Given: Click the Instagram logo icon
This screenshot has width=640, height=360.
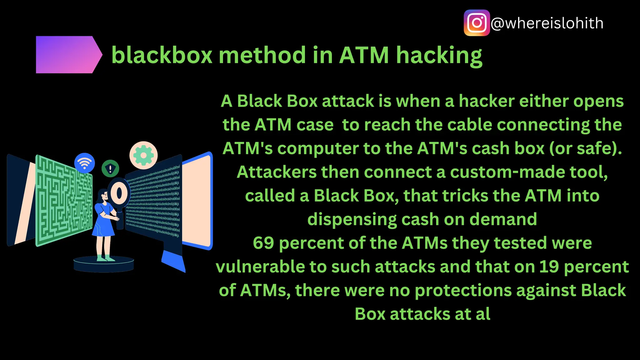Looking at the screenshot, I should [477, 23].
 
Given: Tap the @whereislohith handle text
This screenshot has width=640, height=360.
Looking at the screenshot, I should [547, 23].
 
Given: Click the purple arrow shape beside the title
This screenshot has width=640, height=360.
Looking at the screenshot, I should [67, 55].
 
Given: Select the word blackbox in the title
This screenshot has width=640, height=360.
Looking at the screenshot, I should [162, 55].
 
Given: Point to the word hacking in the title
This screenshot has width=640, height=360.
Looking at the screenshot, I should [439, 56].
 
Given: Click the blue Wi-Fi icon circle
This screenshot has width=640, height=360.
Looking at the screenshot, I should [84, 163].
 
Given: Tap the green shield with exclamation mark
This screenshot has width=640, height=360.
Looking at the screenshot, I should [110, 169].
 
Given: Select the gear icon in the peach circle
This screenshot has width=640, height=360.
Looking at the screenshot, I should [143, 155].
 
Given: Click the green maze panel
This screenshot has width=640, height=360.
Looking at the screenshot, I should [64, 200].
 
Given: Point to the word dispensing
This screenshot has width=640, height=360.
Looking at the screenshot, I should [352, 219].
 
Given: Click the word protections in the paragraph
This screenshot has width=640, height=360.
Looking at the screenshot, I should [462, 290].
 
